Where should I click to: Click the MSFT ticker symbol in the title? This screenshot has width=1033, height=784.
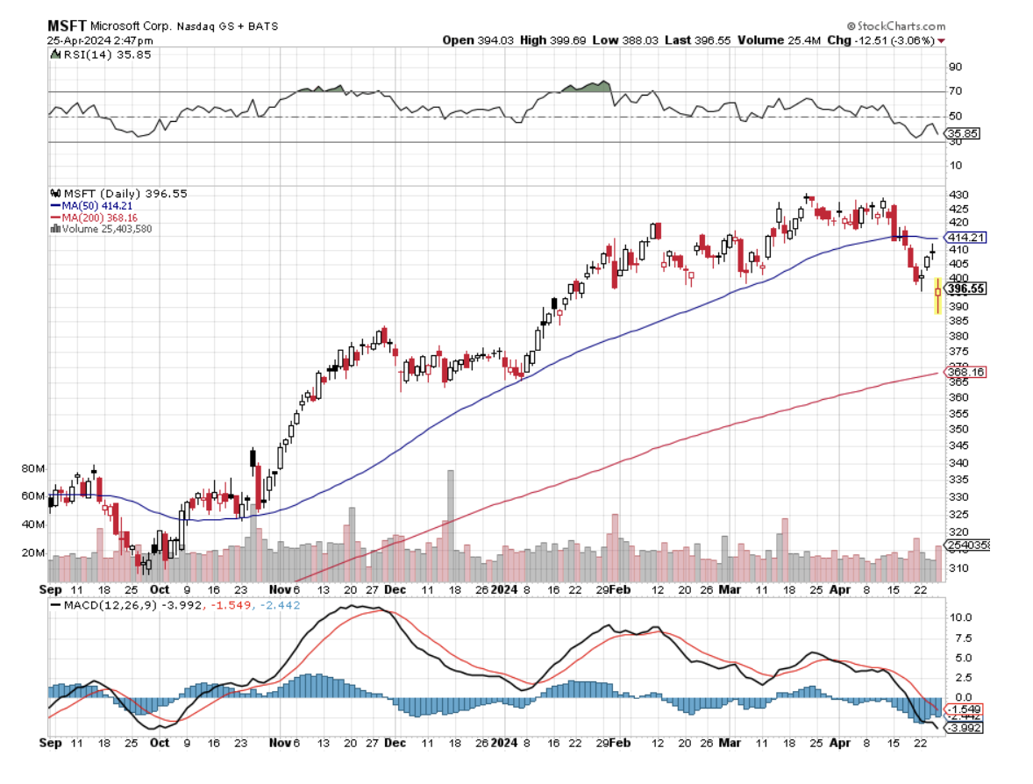pos(66,26)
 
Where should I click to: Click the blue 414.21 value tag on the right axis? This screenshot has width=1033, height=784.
pos(965,238)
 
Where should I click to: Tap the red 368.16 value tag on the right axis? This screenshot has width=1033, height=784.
pos(965,373)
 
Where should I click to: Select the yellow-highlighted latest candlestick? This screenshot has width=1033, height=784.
pos(937,295)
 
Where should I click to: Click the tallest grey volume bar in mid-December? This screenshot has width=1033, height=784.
pos(451,523)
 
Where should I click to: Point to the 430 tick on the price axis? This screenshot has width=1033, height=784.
pos(958,195)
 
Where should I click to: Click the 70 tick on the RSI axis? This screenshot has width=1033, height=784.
pos(954,91)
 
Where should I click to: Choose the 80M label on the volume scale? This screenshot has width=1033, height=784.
pos(34,469)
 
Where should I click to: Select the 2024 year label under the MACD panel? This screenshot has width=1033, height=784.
pos(505,741)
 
